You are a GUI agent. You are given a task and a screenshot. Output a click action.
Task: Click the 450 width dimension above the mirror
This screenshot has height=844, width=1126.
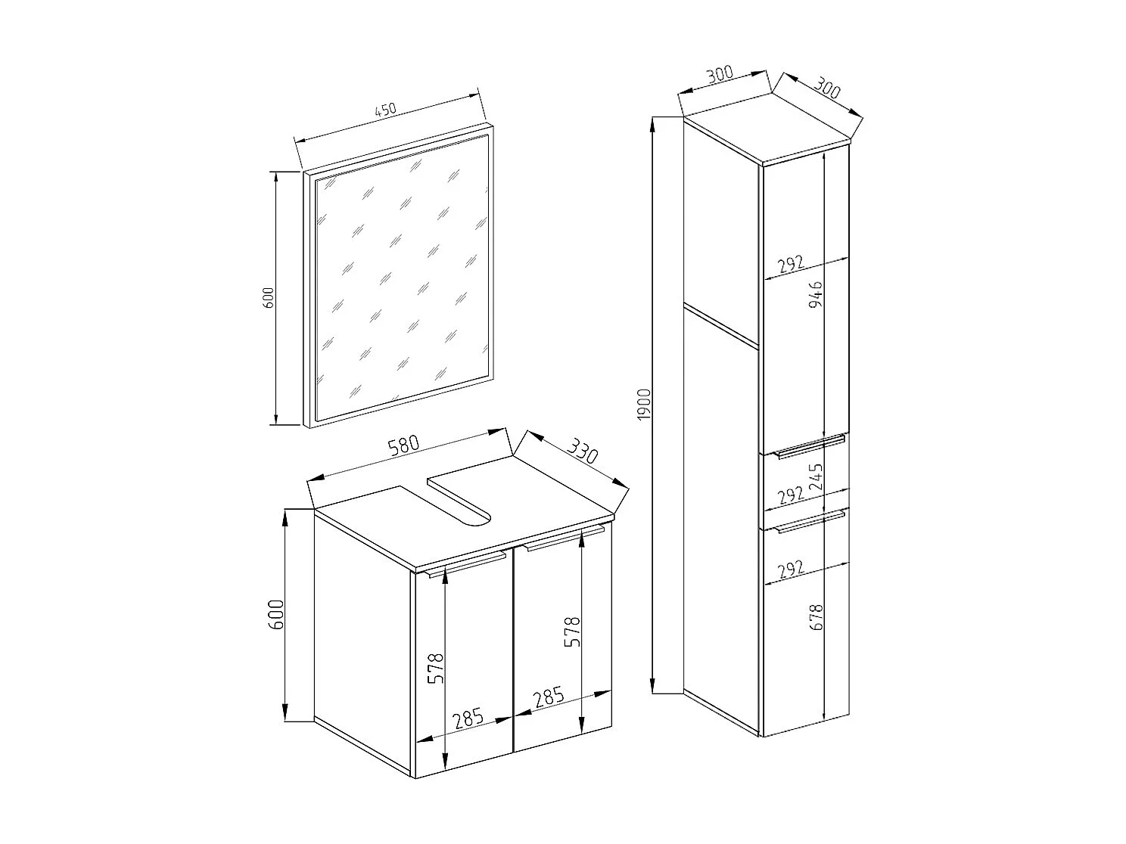pyautogui.click(x=385, y=110)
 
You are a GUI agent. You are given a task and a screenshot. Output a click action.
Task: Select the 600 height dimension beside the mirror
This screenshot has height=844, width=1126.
pyautogui.click(x=266, y=297)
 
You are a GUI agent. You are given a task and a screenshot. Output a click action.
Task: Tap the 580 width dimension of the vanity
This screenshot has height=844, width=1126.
pyautogui.click(x=403, y=448)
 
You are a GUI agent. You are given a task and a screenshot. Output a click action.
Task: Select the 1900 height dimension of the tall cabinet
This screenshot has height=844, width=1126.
pyautogui.click(x=643, y=404)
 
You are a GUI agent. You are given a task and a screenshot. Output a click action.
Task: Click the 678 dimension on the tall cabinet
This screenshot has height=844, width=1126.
pyautogui.click(x=816, y=617)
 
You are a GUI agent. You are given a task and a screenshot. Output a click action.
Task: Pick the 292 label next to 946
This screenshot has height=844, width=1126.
pyautogui.click(x=788, y=265)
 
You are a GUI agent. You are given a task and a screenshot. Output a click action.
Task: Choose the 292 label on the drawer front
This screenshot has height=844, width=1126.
pyautogui.click(x=789, y=495)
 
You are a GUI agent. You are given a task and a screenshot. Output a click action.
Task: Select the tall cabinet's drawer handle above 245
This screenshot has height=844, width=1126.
pyautogui.click(x=810, y=445)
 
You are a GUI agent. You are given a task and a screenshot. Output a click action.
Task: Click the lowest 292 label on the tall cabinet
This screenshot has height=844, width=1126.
pyautogui.click(x=788, y=569)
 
